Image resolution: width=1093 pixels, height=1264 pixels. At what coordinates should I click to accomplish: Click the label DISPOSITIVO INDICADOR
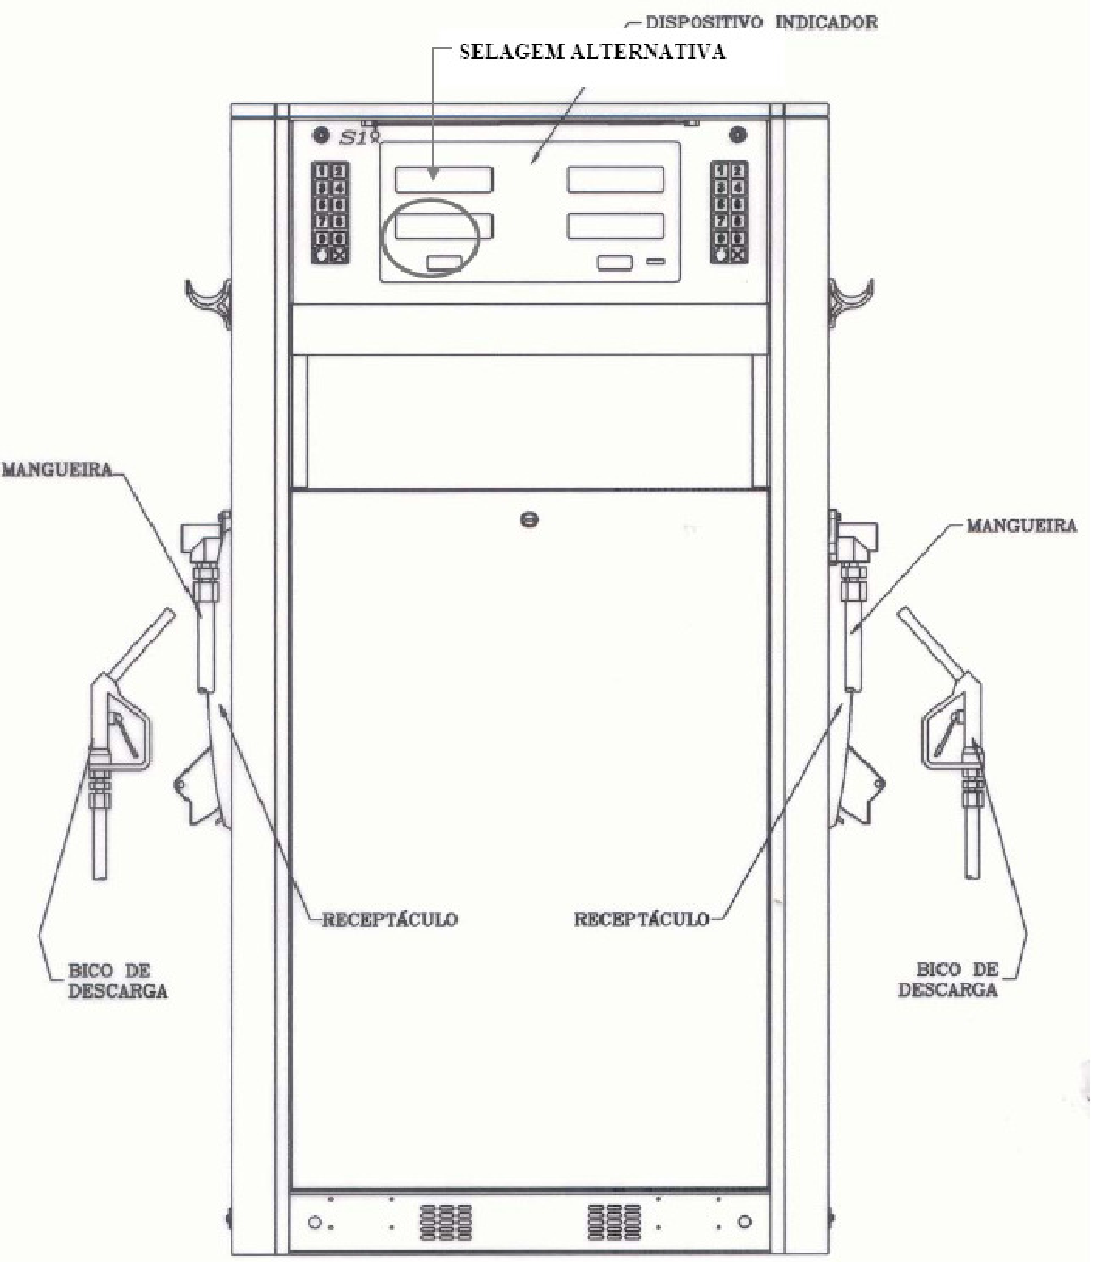click(761, 23)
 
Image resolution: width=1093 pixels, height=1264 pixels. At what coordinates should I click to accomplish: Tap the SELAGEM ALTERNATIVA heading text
click(592, 52)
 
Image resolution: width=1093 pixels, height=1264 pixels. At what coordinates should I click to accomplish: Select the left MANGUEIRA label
click(57, 470)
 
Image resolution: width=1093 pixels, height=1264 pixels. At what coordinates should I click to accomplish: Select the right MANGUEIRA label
click(1021, 526)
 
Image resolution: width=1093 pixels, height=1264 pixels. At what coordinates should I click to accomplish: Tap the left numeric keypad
click(330, 213)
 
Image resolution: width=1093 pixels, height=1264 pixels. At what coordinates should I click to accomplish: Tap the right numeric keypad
click(730, 213)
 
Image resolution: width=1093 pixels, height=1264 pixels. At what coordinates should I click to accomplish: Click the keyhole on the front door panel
click(529, 520)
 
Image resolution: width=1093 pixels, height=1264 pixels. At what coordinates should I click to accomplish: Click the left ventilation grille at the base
click(446, 1221)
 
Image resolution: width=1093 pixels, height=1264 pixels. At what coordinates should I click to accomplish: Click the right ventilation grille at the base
click(614, 1221)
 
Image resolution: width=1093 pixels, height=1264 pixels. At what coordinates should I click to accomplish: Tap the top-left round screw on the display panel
click(320, 134)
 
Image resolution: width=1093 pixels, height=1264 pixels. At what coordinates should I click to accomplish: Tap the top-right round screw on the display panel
click(738, 134)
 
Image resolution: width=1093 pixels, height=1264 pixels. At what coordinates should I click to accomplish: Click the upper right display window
click(616, 180)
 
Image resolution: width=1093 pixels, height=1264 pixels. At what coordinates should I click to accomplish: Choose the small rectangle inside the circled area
click(444, 263)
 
